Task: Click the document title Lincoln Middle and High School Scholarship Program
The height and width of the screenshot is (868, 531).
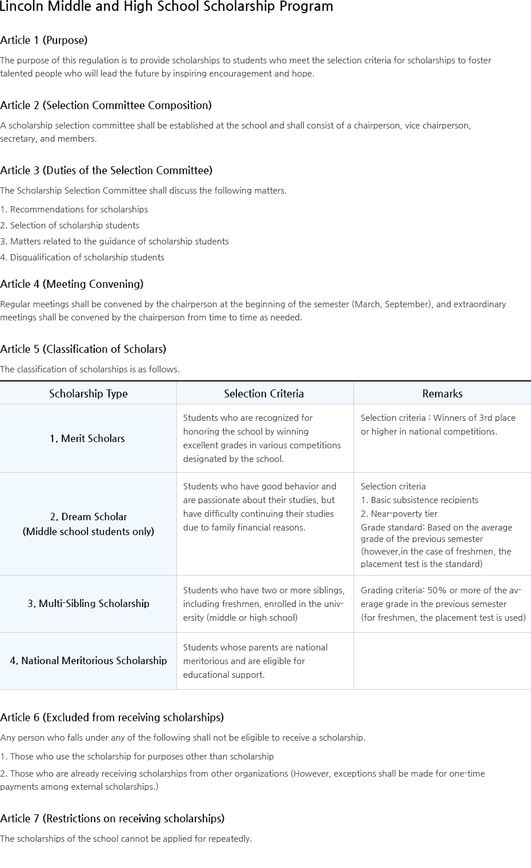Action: (166, 7)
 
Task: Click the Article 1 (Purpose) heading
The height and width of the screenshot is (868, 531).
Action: (44, 41)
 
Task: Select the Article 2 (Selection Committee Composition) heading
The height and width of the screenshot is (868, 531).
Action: (106, 106)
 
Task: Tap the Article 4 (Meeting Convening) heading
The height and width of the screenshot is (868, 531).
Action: (72, 284)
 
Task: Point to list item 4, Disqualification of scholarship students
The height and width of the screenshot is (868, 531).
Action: (82, 258)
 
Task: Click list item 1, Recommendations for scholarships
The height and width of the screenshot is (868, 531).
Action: (74, 210)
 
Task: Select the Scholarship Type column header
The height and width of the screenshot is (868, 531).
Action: (88, 393)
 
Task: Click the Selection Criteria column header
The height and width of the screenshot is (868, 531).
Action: (264, 393)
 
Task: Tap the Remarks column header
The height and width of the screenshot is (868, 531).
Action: (442, 393)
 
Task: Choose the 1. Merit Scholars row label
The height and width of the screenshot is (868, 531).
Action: (87, 439)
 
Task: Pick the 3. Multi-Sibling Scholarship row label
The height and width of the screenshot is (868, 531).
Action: (88, 604)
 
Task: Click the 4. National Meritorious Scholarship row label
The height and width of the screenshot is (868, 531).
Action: (88, 661)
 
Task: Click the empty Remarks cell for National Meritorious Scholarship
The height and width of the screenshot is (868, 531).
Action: (442, 661)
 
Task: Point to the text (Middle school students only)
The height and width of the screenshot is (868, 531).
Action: (88, 532)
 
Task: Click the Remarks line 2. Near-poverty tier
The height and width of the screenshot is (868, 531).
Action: (399, 514)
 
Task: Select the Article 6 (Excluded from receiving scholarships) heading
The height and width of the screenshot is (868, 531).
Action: (112, 718)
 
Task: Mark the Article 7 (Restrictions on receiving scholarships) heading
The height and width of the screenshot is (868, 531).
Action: (112, 819)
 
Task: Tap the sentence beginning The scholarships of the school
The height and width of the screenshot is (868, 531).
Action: (126, 839)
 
